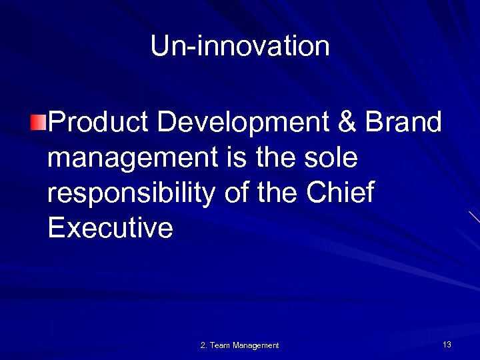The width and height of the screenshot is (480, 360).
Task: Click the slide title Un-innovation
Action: pos(240,47)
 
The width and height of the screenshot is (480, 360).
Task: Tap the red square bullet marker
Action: pos(39,123)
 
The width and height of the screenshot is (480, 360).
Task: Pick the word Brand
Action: pos(404,123)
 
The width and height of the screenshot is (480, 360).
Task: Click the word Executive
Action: pos(111,229)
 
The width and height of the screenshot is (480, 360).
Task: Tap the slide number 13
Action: pos(447,345)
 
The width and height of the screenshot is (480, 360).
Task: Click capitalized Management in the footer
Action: pos(256,345)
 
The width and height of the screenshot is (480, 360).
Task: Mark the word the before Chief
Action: pos(279,193)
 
